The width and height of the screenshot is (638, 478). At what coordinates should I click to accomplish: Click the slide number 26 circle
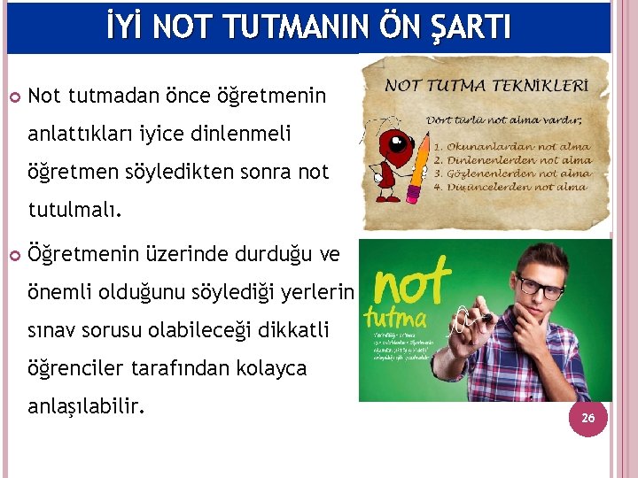coord(587,416)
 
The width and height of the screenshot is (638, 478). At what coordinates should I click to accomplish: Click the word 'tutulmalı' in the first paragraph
coord(78,211)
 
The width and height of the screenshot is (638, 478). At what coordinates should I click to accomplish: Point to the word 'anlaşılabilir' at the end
coord(87,405)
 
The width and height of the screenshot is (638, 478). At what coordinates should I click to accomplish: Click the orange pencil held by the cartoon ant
coord(413,172)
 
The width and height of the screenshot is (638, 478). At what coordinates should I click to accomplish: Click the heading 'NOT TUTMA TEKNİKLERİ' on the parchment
coord(486,87)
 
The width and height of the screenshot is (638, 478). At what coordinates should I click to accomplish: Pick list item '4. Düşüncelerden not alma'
coord(510,187)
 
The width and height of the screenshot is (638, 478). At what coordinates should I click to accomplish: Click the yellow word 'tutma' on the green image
coord(398,317)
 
